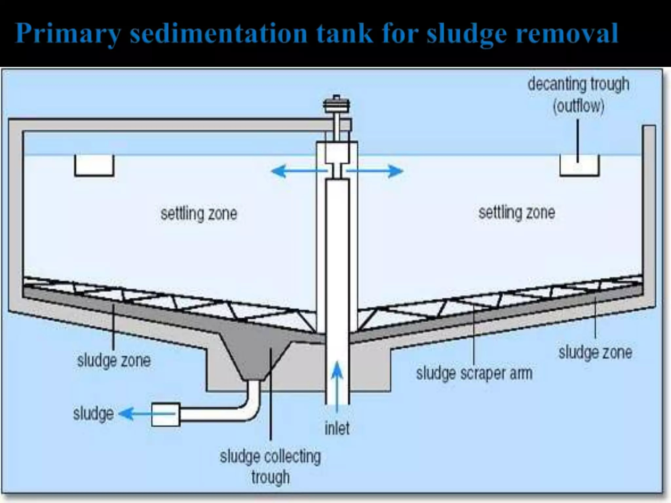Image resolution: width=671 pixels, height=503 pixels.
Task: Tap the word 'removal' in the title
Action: (567, 33)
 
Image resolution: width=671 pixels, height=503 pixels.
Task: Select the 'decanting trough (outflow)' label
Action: (578, 95)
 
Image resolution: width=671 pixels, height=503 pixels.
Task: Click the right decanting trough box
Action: (579, 166)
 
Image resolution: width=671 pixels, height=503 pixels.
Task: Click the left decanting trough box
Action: (94, 165)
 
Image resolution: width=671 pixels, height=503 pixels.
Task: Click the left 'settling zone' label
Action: (199, 214)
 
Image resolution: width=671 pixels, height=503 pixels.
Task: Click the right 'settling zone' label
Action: (517, 213)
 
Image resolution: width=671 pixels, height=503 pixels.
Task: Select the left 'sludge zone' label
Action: (114, 361)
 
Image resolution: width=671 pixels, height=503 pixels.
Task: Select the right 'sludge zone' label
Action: (595, 353)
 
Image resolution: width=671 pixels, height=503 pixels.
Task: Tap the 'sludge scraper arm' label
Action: (474, 374)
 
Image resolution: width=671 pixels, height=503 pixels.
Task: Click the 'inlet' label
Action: (337, 428)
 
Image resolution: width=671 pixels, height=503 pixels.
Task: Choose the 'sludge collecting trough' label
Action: (270, 467)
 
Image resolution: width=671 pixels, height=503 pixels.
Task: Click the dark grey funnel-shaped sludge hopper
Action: (254, 354)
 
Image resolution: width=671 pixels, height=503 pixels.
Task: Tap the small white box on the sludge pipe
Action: (166, 414)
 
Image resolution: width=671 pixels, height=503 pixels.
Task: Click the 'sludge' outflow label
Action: (93, 414)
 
